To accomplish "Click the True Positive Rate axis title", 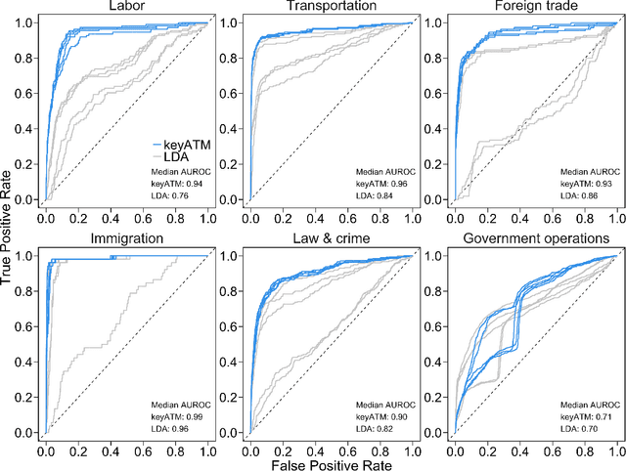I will point(9,235).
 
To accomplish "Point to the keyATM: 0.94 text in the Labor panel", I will point(176,184).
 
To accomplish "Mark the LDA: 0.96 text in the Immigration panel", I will point(172,427).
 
